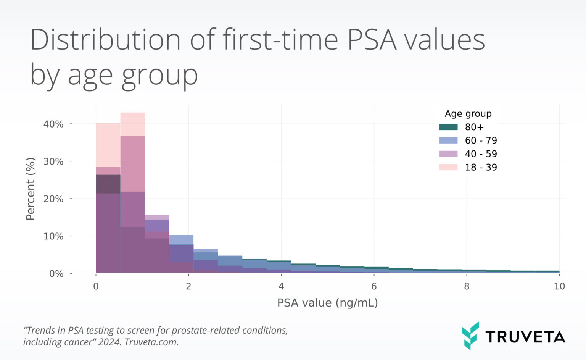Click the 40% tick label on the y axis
53,124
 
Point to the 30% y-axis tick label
53,161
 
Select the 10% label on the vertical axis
53,236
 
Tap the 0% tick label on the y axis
56,274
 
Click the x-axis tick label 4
281,286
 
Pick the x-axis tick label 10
559,286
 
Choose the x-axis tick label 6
374,286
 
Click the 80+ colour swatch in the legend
448,127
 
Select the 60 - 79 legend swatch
448,140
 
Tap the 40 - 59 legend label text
481,154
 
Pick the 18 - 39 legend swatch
448,167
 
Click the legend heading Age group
468,114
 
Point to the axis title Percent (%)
30,189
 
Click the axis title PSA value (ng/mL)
327,303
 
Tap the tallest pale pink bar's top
132,113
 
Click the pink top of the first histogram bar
108,124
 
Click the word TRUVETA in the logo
525,337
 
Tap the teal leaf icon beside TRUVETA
470,336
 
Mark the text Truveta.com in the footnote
151,342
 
